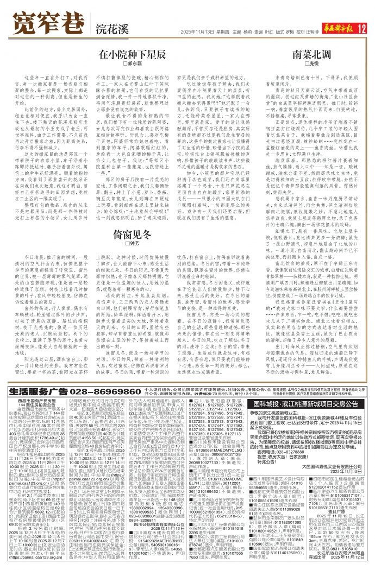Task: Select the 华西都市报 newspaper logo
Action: [x=332, y=27]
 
